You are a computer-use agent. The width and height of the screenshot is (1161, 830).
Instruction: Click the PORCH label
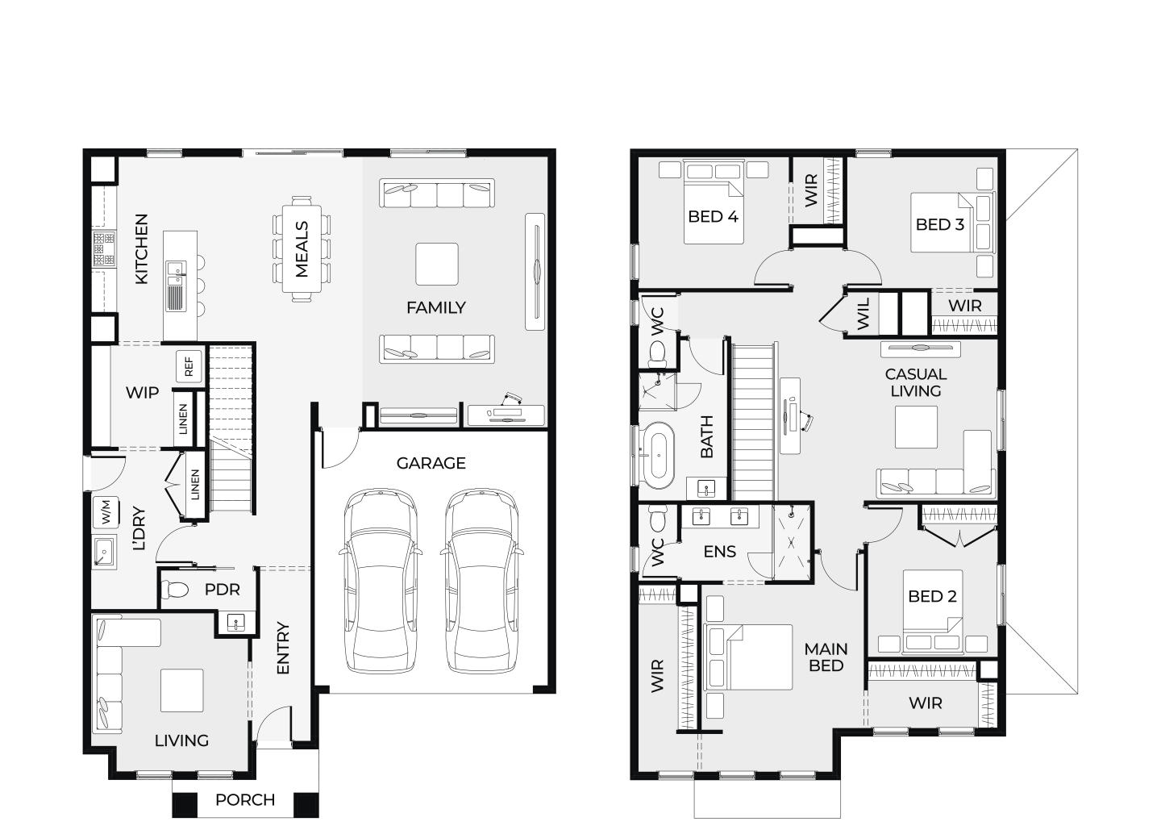pos(245,800)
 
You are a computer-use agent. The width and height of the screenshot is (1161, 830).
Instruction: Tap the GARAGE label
pos(431,463)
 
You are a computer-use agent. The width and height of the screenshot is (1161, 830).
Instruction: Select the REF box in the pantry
pos(189,366)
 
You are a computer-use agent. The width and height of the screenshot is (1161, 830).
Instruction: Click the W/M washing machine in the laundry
pos(106,512)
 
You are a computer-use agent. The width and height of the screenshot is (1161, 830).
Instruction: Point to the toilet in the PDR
pos(175,590)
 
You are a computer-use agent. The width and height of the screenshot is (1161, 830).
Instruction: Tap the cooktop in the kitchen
pos(104,249)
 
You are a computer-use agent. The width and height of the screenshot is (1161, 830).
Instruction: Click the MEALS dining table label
pos(302,249)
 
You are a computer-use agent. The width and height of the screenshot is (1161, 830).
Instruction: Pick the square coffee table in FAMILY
pos(437,264)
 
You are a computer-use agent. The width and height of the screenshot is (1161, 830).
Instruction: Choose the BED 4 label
pos(713,216)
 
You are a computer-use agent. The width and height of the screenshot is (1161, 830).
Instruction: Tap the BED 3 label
pos(940,224)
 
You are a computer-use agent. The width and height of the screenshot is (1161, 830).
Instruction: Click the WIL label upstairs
pos(863,314)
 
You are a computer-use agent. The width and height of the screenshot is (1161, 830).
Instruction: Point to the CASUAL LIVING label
pos(916,382)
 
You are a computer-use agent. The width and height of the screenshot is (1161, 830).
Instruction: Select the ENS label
pos(720,552)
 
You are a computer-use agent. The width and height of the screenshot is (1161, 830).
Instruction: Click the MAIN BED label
pos(826,657)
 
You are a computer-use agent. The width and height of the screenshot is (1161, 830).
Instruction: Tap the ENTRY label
pos(282,648)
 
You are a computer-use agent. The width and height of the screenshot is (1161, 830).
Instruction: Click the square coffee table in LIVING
pos(181,690)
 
